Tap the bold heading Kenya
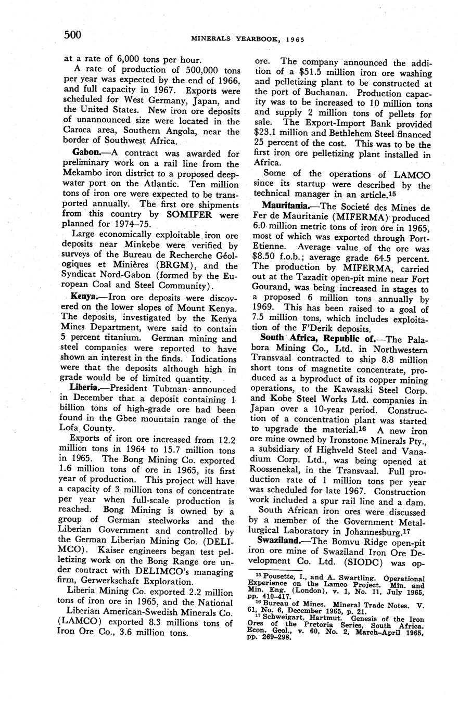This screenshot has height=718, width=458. tap(84, 296)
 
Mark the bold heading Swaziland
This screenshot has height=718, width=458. tap(282, 541)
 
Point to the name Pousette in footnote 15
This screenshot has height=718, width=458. tap(281, 578)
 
